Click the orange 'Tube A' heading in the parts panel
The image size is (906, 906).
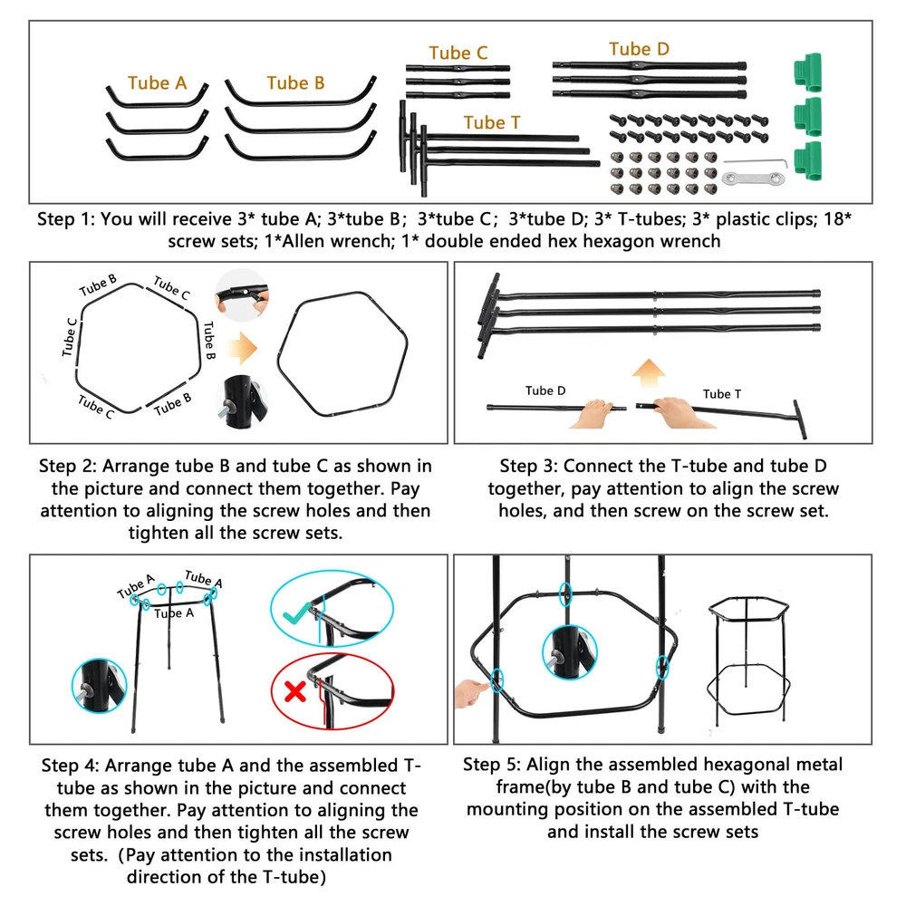click(157, 83)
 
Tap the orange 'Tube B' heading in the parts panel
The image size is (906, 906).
click(295, 83)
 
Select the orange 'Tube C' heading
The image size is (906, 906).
click(458, 53)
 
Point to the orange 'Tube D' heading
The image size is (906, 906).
click(639, 49)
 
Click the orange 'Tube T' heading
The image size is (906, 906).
click(492, 122)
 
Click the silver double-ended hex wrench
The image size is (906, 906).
click(754, 178)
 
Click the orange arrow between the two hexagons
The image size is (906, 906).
click(242, 349)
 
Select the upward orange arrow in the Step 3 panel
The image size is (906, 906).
click(649, 374)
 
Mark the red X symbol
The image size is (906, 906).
click(295, 691)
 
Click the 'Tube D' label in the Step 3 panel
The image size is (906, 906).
click(545, 390)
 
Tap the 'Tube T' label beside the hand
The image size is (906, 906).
click(722, 394)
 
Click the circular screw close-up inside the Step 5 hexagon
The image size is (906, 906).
click(569, 652)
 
